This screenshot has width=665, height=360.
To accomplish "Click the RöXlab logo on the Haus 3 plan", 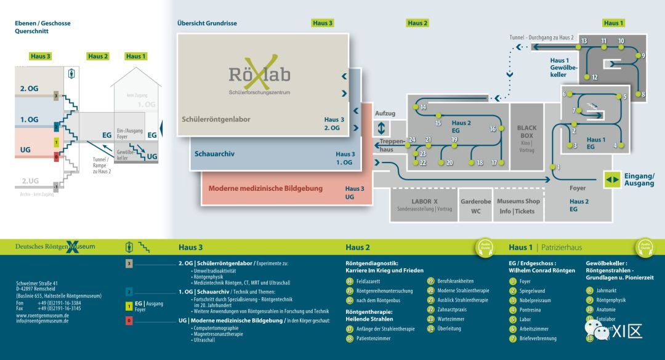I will pyautogui.click(x=259, y=75).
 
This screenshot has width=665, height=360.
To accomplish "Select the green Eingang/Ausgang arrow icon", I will pyautogui.click(x=612, y=180).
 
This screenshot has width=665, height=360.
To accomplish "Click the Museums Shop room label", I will pyautogui.click(x=518, y=201).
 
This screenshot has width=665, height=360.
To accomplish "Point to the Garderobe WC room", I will pyautogui.click(x=475, y=206).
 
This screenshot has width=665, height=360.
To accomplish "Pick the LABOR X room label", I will pyautogui.click(x=424, y=201).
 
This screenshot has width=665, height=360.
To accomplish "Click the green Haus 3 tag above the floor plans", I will pyautogui.click(x=323, y=23).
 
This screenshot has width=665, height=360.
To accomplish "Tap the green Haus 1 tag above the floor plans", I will pyautogui.click(x=611, y=23).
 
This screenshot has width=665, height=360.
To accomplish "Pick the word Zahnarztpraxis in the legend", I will pyautogui.click(x=456, y=310).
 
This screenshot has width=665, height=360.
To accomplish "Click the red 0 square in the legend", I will pyautogui.click(x=129, y=321).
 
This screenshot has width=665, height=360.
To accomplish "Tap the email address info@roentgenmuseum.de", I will pyautogui.click(x=42, y=321).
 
